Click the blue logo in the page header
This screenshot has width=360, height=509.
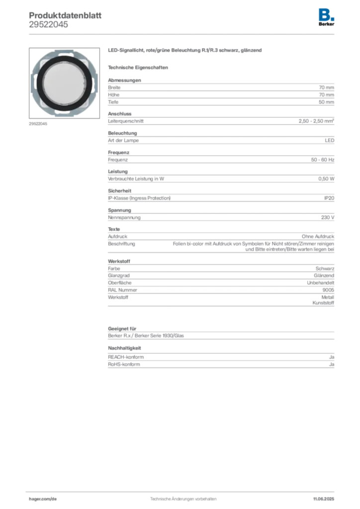pos(327,14)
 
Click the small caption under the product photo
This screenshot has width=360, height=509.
pos(37,124)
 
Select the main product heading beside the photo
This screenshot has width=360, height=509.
pos(184,52)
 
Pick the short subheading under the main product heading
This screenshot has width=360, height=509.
pos(139,67)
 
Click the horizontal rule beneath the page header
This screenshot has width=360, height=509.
pos(182,33)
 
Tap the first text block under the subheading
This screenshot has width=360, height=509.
pos(220,92)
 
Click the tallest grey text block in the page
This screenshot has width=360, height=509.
pos(220,284)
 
